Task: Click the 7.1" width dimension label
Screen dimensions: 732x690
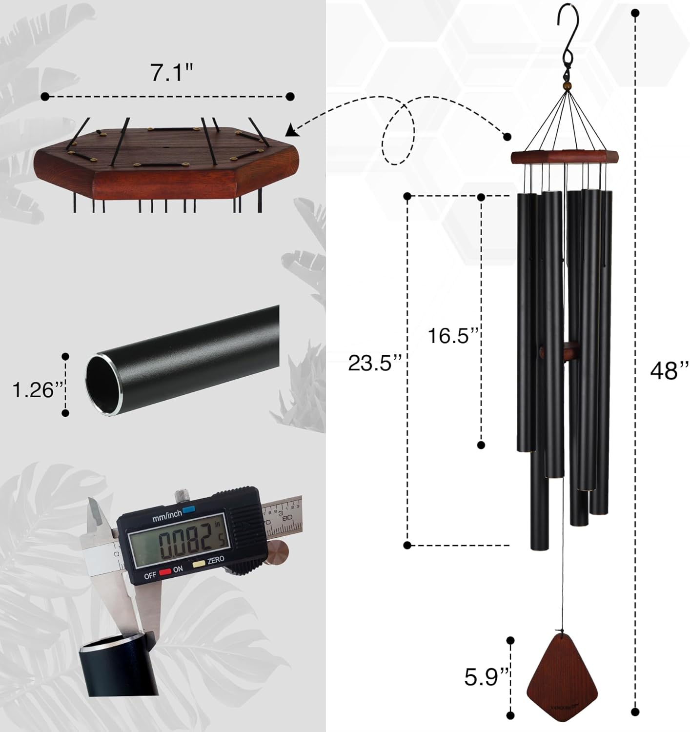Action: [x=172, y=73]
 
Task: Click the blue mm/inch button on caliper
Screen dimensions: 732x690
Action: [x=188, y=509]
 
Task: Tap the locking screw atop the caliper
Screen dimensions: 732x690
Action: [x=182, y=494]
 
